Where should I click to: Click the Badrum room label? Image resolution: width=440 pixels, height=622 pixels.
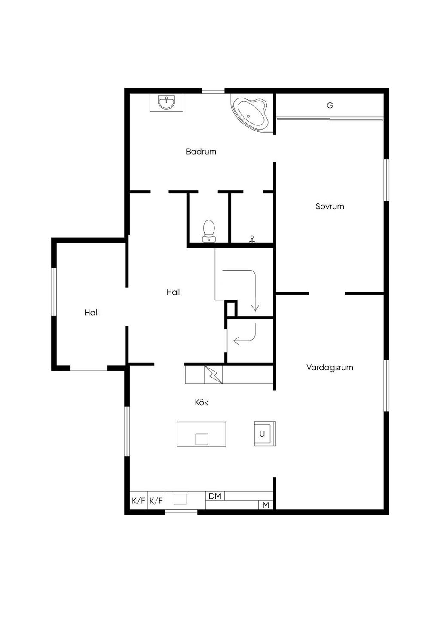[201, 152]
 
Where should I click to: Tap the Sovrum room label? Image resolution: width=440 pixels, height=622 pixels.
[330, 206]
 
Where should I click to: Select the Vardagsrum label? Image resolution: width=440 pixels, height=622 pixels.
[330, 367]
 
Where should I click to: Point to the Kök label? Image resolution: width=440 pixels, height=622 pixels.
[202, 402]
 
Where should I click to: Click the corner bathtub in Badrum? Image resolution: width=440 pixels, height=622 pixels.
[250, 114]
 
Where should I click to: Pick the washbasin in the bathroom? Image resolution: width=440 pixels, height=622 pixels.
[166, 103]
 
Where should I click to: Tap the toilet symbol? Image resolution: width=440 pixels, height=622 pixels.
[208, 231]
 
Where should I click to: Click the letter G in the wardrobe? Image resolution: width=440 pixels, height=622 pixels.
[330, 105]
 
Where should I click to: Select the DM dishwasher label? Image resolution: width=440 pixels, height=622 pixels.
[215, 496]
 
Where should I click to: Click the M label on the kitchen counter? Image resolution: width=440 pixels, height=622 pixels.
[266, 505]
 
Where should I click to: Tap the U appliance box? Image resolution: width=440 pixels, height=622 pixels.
[265, 434]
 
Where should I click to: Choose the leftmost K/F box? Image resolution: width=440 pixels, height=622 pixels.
[138, 501]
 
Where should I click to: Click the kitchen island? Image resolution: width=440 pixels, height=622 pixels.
[202, 434]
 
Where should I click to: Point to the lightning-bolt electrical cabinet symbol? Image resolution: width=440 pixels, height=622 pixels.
[213, 375]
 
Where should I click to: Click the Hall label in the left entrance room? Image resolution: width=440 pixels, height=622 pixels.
[92, 313]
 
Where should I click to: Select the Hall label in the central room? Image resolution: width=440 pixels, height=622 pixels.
[173, 292]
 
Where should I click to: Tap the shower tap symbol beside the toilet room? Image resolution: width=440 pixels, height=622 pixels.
[252, 239]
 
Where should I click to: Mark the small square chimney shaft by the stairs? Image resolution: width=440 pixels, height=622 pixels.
[231, 308]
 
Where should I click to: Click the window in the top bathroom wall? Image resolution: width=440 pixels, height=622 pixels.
[213, 91]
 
